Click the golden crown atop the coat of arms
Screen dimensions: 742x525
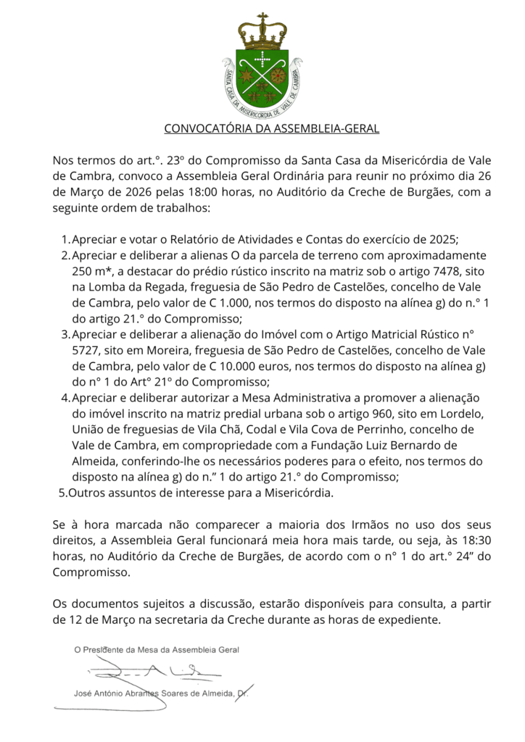tap(262, 33)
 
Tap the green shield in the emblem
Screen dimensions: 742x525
tap(262, 76)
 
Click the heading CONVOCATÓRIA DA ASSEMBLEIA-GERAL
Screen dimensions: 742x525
tap(272, 129)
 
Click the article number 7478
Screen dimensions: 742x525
tap(435, 271)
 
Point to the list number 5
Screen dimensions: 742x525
tap(61, 493)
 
